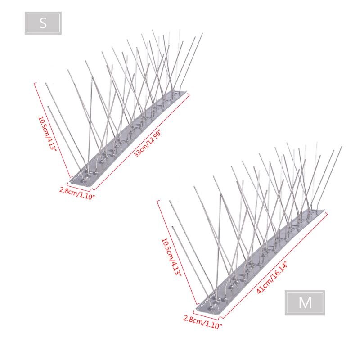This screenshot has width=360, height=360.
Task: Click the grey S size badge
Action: coord(43,23)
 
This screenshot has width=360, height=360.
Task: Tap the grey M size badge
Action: coord(305,302)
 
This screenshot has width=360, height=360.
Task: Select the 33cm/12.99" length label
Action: coord(148,142)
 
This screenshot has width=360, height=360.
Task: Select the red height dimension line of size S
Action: coord(53,130)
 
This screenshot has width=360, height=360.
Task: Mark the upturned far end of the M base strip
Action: coord(319,211)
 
